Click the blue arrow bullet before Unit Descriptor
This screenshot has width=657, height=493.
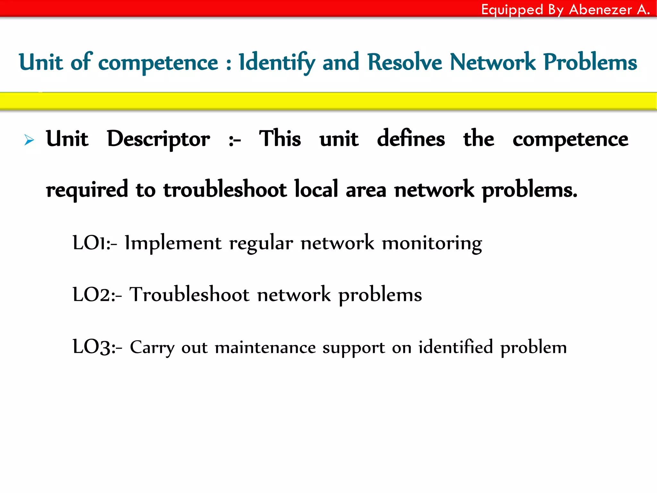pyautogui.click(x=29, y=140)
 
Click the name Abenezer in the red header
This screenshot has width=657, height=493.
pyautogui.click(x=600, y=9)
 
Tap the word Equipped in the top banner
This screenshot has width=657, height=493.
pyautogui.click(x=512, y=10)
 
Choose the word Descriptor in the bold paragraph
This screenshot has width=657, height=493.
pyautogui.click(x=158, y=140)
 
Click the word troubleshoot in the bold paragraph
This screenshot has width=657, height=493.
pyautogui.click(x=225, y=189)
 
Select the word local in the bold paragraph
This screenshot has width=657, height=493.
pyautogui.click(x=316, y=189)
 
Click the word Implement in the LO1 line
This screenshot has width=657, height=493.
pyautogui.click(x=173, y=243)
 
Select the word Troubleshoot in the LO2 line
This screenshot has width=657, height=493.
pyautogui.click(x=189, y=295)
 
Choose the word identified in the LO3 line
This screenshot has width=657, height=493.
pyautogui.click(x=456, y=347)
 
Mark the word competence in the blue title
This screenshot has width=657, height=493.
pyautogui.click(x=158, y=62)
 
